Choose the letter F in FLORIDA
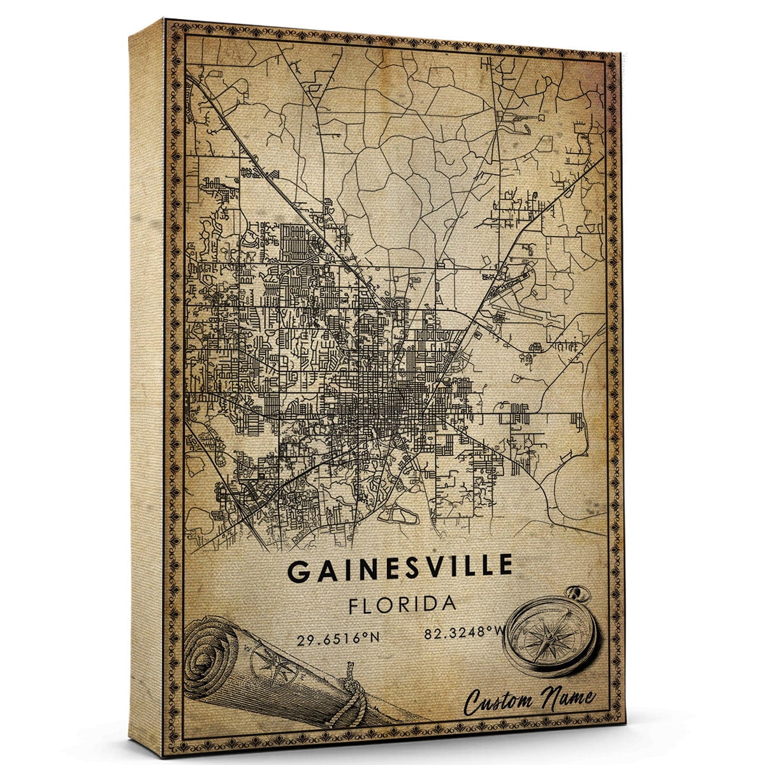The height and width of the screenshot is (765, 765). point(354,604)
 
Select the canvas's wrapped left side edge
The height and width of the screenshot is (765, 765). point(147,382)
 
